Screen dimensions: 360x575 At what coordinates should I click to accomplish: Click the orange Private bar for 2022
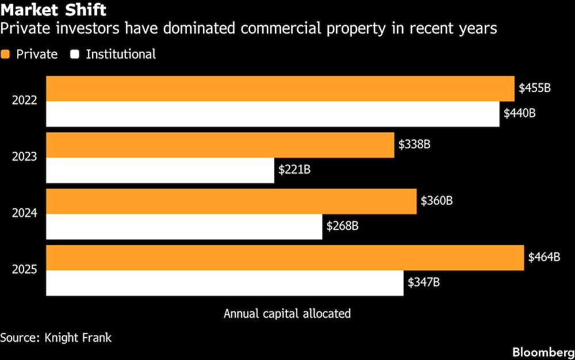coord(280,89)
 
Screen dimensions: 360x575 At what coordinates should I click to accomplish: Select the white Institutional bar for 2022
coord(273,114)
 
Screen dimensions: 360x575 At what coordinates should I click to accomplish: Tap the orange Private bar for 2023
coord(220,145)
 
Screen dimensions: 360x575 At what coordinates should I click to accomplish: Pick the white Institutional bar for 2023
coord(160,170)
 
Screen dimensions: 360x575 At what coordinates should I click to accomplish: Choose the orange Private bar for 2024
coord(231,201)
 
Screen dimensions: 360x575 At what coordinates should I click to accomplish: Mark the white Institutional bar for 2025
coord(224,283)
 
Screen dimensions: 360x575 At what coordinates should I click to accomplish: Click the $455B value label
coord(535,88)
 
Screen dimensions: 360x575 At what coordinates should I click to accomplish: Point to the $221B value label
coord(294,170)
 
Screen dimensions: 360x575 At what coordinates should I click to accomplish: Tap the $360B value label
coord(436,201)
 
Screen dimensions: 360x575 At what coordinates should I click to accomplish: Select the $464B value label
coord(544,257)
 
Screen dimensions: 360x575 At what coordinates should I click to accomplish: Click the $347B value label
coord(424,282)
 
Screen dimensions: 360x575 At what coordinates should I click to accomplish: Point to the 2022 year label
coord(25,101)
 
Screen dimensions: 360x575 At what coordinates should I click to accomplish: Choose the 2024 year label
coord(25,213)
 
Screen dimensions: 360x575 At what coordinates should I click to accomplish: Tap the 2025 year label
coord(25,270)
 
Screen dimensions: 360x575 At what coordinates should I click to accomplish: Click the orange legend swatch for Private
coord(6,55)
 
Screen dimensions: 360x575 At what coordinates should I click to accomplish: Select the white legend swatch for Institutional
coord(75,55)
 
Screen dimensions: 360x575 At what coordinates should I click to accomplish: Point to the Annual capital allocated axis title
coord(287,313)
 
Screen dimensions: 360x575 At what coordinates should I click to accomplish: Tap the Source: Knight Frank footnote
coord(56,338)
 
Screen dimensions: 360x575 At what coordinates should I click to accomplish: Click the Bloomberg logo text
coord(543,351)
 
